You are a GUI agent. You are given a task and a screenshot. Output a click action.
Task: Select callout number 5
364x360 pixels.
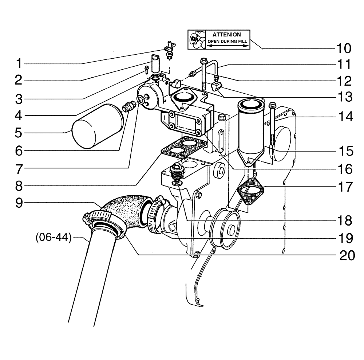point(18,132)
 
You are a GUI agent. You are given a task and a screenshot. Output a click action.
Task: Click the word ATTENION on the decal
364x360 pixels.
point(226,34)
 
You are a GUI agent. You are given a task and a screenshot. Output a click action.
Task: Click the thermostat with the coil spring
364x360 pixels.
point(177,173)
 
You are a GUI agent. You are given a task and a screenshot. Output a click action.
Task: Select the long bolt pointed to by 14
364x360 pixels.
point(272,124)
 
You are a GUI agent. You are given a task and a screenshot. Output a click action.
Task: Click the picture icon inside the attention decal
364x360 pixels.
point(197,39)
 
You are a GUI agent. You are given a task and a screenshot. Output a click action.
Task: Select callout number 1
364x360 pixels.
point(18,64)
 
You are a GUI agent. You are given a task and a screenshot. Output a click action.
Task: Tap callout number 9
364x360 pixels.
point(18,203)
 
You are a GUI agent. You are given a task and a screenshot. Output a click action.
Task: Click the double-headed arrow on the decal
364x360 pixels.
point(227,46)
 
